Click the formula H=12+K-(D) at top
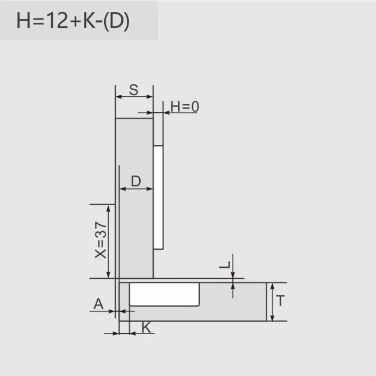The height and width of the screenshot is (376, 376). [x=73, y=21]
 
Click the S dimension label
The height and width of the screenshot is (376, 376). [x=134, y=90]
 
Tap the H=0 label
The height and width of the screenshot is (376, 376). [x=184, y=106]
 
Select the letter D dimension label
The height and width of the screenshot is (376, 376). [x=136, y=181]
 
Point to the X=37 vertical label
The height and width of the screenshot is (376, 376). [x=101, y=240]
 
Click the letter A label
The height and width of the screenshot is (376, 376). [x=98, y=304]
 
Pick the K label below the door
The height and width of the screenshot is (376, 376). [x=146, y=328]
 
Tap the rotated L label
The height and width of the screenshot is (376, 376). [x=225, y=265]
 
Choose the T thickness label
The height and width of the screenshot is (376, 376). [x=280, y=301]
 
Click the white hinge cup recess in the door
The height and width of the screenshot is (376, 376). [x=165, y=294]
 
